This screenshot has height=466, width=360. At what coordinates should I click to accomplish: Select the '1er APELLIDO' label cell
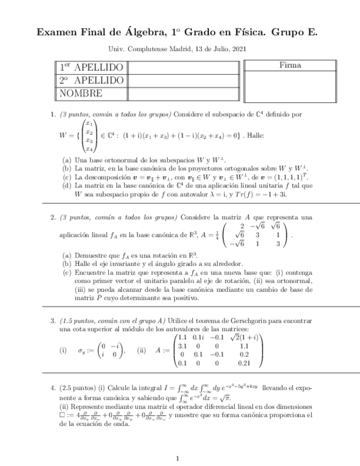91,68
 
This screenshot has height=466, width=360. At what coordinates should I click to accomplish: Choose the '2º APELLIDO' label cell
91,80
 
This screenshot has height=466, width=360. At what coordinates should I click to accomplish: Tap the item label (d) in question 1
67,186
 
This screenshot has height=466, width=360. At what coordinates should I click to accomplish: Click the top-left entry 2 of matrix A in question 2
242,225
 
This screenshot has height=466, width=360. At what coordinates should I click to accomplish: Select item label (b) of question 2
67,264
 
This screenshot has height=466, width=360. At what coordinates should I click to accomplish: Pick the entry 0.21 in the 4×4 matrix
245,363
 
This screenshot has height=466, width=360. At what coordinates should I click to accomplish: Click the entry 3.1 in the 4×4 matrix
183,346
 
